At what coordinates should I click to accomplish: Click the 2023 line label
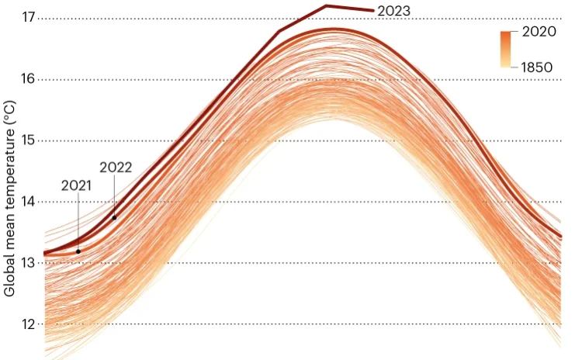393,11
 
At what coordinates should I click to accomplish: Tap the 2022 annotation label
115,167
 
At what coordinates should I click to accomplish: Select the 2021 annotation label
77,185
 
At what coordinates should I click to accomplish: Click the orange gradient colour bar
505,50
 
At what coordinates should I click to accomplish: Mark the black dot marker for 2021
78,251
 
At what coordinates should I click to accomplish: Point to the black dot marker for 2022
115,217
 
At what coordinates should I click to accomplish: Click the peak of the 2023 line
326,6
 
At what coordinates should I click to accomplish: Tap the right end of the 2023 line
373,11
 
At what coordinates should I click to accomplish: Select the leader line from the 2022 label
115,196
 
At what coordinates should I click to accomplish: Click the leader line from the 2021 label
78,221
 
